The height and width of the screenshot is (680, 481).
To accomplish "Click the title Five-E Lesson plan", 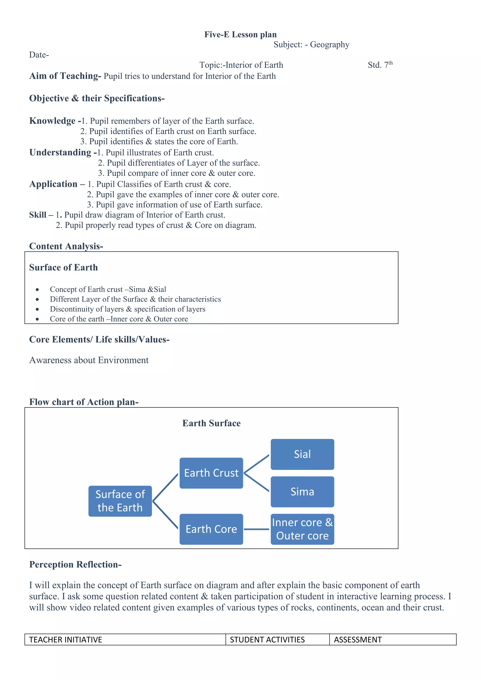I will coord(240,35).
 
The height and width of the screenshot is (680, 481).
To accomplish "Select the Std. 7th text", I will coord(380,65).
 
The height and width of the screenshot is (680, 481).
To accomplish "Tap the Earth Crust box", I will coord(211,473).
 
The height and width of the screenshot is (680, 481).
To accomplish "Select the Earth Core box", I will coord(211,529).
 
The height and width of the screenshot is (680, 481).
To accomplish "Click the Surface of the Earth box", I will coord(120,501).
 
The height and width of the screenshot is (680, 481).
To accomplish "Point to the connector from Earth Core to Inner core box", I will coord(256,529).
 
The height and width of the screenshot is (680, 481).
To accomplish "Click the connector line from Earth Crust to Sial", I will coord(257,464).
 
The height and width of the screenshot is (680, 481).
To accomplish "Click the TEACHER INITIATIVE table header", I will coord(66,640).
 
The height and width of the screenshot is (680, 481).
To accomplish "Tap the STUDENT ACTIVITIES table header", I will coord(267,640).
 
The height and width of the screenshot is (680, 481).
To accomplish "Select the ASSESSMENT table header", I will coord(357,640).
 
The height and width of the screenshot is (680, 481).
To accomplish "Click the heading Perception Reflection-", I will coord(75,564).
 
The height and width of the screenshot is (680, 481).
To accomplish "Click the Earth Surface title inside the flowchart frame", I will coord(211,423).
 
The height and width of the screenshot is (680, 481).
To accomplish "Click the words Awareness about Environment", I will coord(89,360).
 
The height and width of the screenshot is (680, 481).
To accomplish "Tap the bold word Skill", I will coord(38,215).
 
